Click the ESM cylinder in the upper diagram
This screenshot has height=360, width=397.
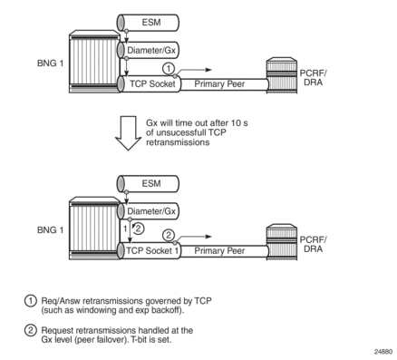pos(148,23)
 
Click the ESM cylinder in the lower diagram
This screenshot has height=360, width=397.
pos(148,183)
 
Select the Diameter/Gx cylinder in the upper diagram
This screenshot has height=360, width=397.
pos(148,50)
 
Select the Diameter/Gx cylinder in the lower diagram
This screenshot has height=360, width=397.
pos(148,211)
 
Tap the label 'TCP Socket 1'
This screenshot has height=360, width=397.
pos(152,250)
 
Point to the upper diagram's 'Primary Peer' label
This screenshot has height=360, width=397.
pos(219,84)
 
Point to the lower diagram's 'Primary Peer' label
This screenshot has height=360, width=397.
pos(219,251)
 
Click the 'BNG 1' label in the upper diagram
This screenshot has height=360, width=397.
pos(51,63)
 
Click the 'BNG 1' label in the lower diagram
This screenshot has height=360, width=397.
pos(51,230)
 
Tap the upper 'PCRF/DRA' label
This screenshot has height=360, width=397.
pos(313,78)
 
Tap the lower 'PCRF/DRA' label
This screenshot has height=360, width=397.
pos(313,244)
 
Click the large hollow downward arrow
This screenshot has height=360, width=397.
pos(128,133)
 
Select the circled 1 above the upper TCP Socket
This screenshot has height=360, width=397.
pos(169,68)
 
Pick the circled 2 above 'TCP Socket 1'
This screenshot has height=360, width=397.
pos(169,235)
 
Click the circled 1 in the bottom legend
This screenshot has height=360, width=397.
pos(30,301)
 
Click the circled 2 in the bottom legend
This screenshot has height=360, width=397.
pos(30,330)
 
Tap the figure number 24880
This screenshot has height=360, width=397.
pos(383,352)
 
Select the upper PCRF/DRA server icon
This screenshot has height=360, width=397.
pos(282,75)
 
